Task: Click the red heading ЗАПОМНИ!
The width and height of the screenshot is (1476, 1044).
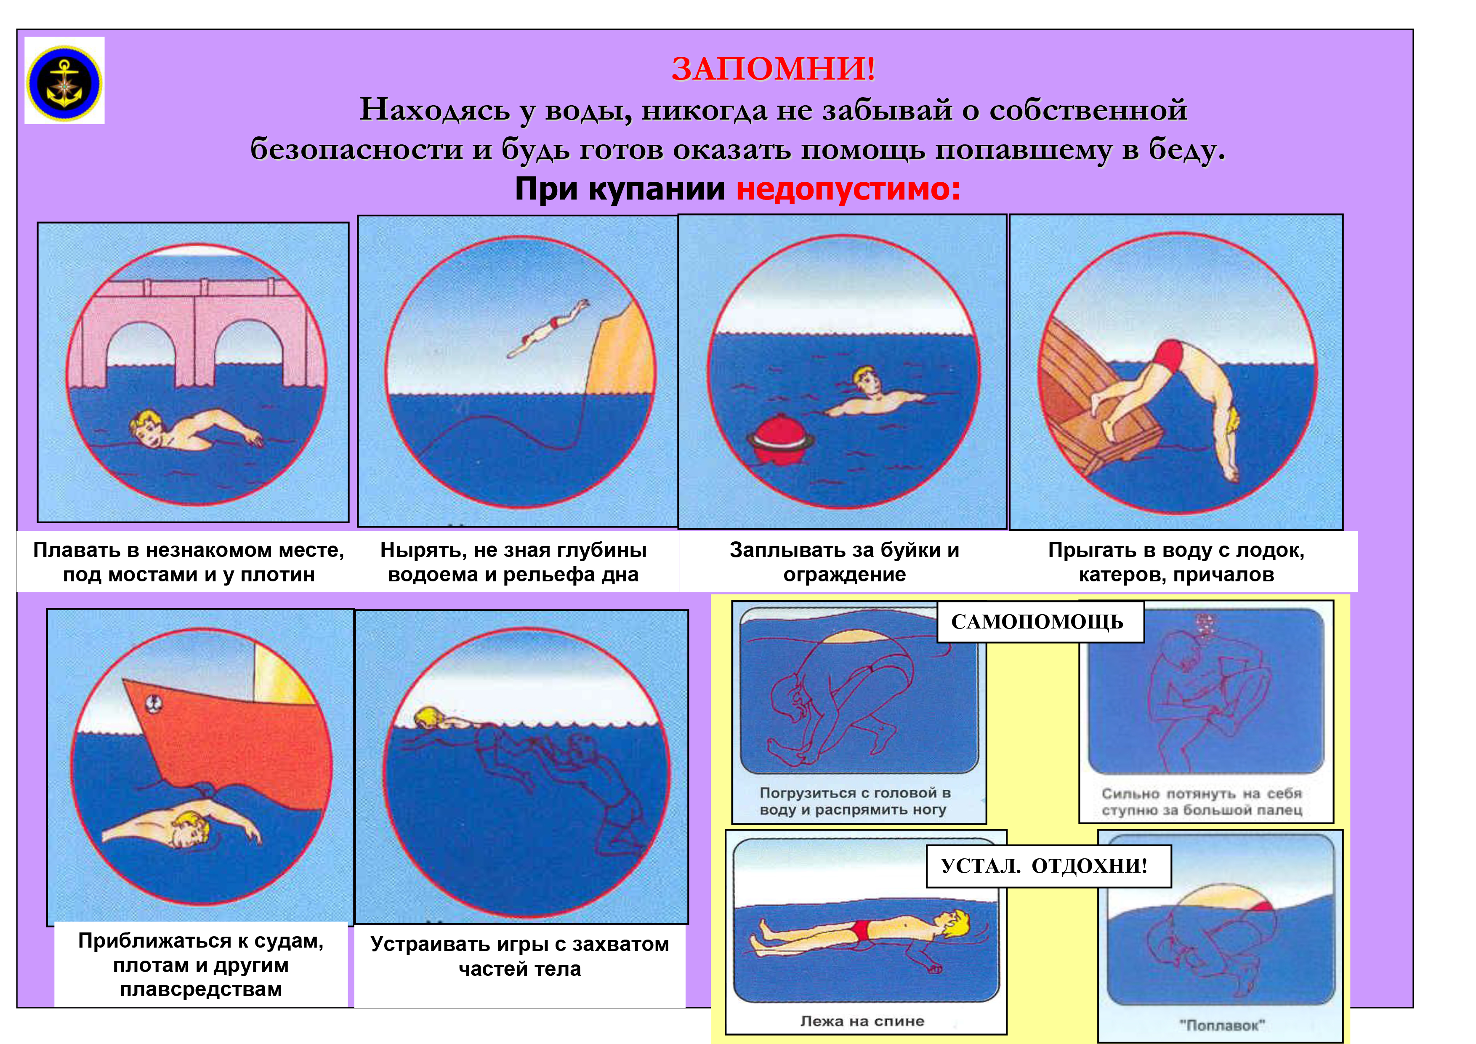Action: coord(774,69)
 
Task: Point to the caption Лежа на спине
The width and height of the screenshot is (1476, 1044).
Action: coord(862,1020)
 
